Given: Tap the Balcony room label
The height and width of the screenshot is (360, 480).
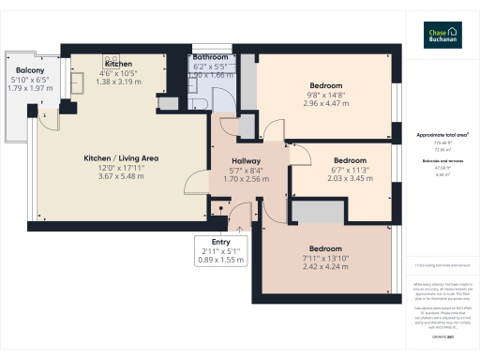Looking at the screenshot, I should tap(28, 71).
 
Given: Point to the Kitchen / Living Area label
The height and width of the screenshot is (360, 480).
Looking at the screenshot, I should tap(120, 158).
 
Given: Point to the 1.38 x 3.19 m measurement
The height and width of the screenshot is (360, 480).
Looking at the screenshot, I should tap(118, 82).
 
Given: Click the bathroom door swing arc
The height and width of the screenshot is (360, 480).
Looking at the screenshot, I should tap(228, 125).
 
